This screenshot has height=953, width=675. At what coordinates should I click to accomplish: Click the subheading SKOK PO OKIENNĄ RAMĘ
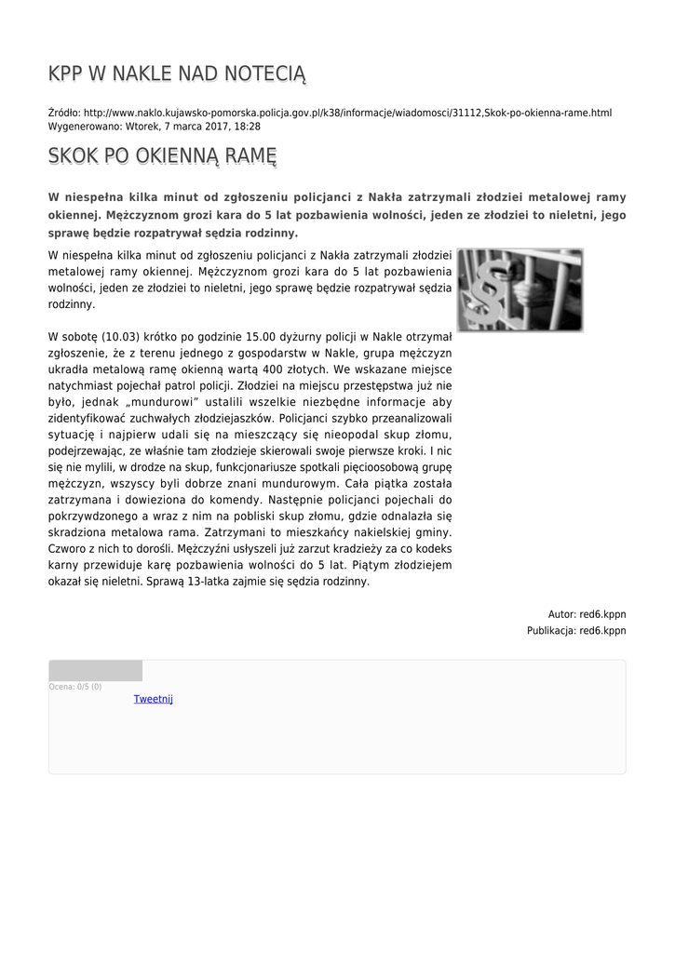[163, 155]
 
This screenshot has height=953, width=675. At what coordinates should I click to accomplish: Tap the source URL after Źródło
[348, 113]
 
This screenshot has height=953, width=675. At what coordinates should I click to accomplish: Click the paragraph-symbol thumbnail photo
[520, 289]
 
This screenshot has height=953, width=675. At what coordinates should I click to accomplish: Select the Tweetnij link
[154, 699]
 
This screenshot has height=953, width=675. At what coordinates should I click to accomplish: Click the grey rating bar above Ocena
[95, 671]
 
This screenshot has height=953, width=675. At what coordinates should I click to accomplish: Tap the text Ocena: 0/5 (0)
[75, 687]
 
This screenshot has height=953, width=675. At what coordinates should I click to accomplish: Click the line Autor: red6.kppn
[587, 614]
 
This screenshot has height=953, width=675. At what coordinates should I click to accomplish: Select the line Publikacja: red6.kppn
[576, 630]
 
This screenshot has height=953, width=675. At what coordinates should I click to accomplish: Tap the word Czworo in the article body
[67, 549]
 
